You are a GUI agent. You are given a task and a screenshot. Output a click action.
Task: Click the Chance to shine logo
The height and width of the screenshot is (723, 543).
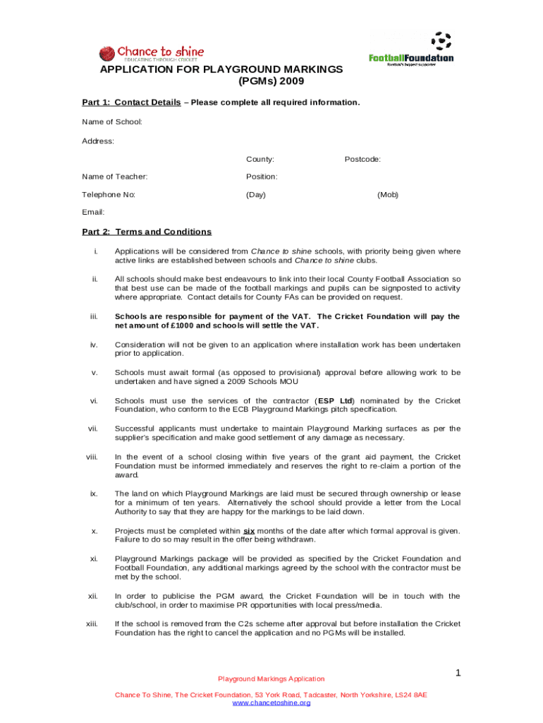click(x=151, y=54)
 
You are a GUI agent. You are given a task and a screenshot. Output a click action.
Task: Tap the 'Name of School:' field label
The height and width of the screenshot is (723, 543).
click(x=112, y=122)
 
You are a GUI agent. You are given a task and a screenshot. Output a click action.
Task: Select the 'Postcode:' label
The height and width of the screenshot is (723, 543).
click(x=362, y=160)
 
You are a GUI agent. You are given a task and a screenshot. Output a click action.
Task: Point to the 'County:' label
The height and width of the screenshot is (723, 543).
click(x=260, y=160)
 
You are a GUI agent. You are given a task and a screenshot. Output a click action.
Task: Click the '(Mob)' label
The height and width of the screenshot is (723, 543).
click(x=388, y=194)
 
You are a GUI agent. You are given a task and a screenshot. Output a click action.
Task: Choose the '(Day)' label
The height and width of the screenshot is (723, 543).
click(x=255, y=194)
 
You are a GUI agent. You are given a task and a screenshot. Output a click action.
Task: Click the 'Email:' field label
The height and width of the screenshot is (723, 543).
click(x=93, y=212)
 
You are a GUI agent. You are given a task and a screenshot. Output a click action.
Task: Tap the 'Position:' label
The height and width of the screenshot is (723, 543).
click(x=262, y=177)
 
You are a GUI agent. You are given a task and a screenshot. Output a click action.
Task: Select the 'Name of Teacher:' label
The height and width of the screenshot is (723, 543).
click(x=114, y=177)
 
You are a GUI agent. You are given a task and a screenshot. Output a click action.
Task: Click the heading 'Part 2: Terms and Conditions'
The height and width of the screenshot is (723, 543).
click(x=147, y=232)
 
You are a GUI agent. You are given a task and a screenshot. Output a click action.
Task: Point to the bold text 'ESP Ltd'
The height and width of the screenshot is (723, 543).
click(x=336, y=401)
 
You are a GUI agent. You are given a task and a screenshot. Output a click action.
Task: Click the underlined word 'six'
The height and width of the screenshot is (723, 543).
click(x=249, y=531)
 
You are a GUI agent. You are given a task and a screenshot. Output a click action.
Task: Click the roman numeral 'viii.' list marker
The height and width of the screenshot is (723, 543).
click(x=92, y=457)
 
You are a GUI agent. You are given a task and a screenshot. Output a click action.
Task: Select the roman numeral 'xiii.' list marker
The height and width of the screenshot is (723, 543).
click(x=92, y=623)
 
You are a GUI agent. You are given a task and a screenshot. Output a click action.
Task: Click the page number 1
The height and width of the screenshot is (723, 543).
click(x=457, y=673)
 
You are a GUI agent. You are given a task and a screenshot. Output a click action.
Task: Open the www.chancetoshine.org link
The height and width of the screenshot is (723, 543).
click(x=271, y=703)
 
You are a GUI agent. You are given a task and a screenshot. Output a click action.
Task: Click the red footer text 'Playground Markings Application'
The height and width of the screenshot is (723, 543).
click(x=271, y=679)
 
